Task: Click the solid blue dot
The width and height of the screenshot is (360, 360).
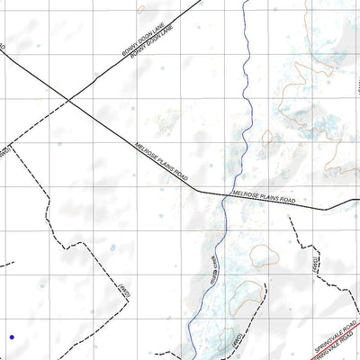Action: tap(12, 337)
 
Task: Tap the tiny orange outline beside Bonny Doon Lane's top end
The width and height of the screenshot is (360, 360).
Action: tap(139, 10)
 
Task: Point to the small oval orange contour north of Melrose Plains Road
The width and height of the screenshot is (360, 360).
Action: tap(267, 137)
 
